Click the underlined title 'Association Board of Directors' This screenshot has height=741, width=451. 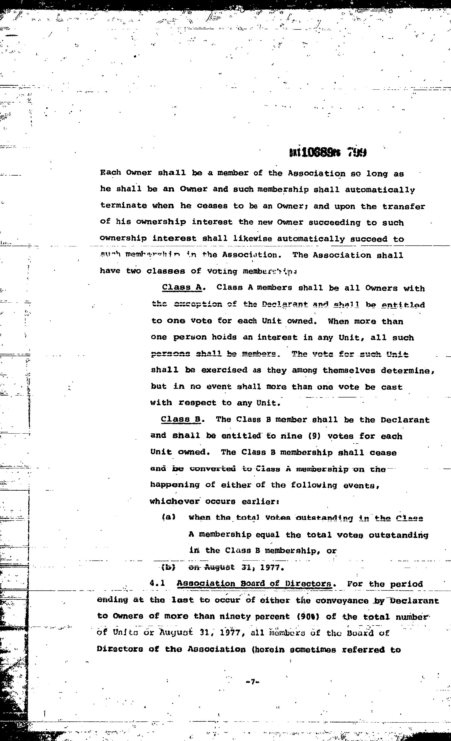(255, 583)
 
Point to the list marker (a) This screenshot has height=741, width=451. (168, 518)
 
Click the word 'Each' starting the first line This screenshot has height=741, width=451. (110, 173)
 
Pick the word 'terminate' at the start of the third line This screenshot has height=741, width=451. (123, 206)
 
